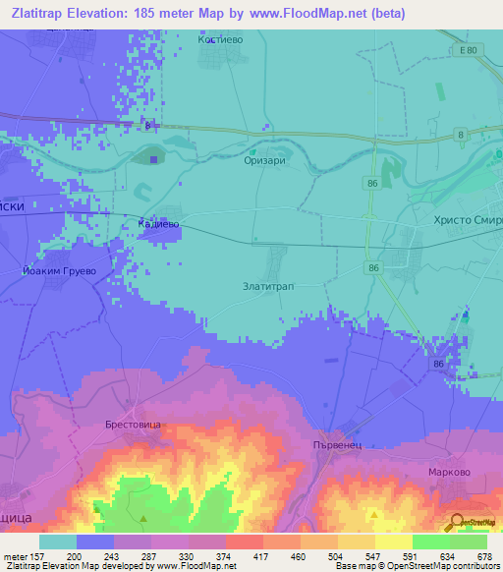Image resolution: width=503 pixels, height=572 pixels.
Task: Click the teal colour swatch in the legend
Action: pos(58,542)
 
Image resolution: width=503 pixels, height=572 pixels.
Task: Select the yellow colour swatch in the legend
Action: pos(392,542)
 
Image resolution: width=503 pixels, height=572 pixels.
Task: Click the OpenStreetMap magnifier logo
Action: pos(457,523)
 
